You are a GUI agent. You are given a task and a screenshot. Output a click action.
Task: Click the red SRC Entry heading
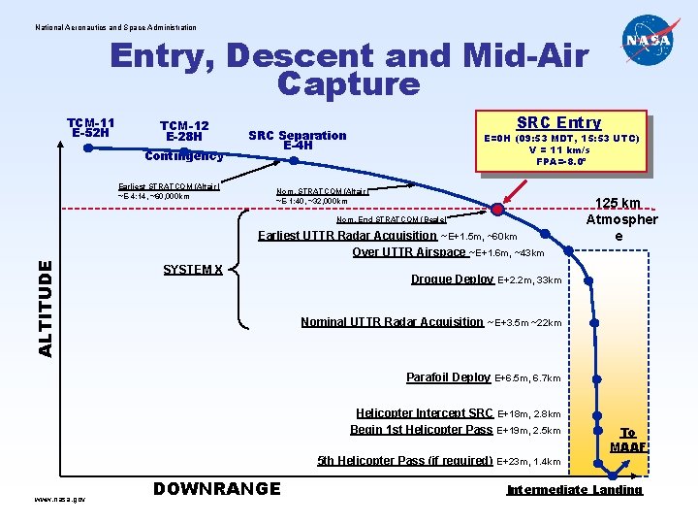(558, 122)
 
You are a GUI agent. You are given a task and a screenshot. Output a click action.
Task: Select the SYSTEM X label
(193, 269)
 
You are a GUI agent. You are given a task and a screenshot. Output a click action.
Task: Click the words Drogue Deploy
(452, 279)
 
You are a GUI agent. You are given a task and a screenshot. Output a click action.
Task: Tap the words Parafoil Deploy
(448, 377)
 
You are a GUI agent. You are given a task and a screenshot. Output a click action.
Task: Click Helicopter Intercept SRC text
(425, 413)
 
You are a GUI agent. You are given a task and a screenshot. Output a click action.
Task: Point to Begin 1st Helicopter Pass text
(422, 430)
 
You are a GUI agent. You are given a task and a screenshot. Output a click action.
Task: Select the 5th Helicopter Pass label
(405, 461)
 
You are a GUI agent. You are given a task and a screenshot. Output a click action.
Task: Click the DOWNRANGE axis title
(217, 489)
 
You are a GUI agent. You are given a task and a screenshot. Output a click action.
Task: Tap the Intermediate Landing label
(574, 489)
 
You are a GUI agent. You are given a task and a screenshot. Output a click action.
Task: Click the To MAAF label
(628, 440)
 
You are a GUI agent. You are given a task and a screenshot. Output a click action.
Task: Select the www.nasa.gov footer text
(59, 499)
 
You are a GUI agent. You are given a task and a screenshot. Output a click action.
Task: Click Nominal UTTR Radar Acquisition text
(392, 322)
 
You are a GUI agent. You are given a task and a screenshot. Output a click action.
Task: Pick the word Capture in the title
(348, 84)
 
